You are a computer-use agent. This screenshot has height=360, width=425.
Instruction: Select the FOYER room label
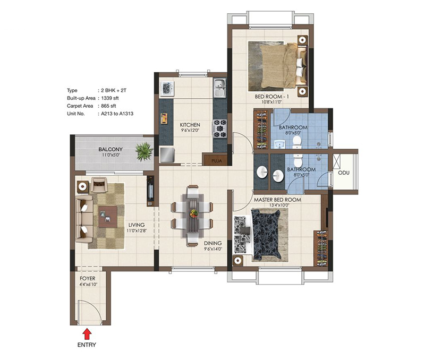tap(88, 278)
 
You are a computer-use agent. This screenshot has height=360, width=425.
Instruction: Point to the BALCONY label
tap(110, 150)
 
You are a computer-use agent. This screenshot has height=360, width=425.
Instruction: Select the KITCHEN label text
tap(190, 125)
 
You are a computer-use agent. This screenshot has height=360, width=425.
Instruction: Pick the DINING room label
tap(212, 243)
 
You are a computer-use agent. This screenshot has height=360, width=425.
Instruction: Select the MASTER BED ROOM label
tap(277, 200)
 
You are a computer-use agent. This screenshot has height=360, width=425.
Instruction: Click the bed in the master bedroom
tap(266, 234)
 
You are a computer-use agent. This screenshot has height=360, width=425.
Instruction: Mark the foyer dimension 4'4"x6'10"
tap(88, 284)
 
